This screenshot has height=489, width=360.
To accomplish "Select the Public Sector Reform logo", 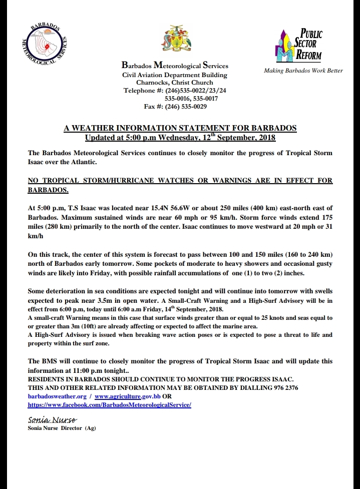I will pos(299,45).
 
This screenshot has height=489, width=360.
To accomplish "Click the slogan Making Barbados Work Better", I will pos(303,71).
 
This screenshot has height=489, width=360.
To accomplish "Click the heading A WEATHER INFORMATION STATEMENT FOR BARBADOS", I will pos(180,128).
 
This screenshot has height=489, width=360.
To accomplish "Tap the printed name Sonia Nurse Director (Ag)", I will pos(62,428).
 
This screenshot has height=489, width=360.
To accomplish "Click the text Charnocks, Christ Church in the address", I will pos(175,83).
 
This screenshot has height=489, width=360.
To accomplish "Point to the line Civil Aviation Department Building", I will pos(175,75).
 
